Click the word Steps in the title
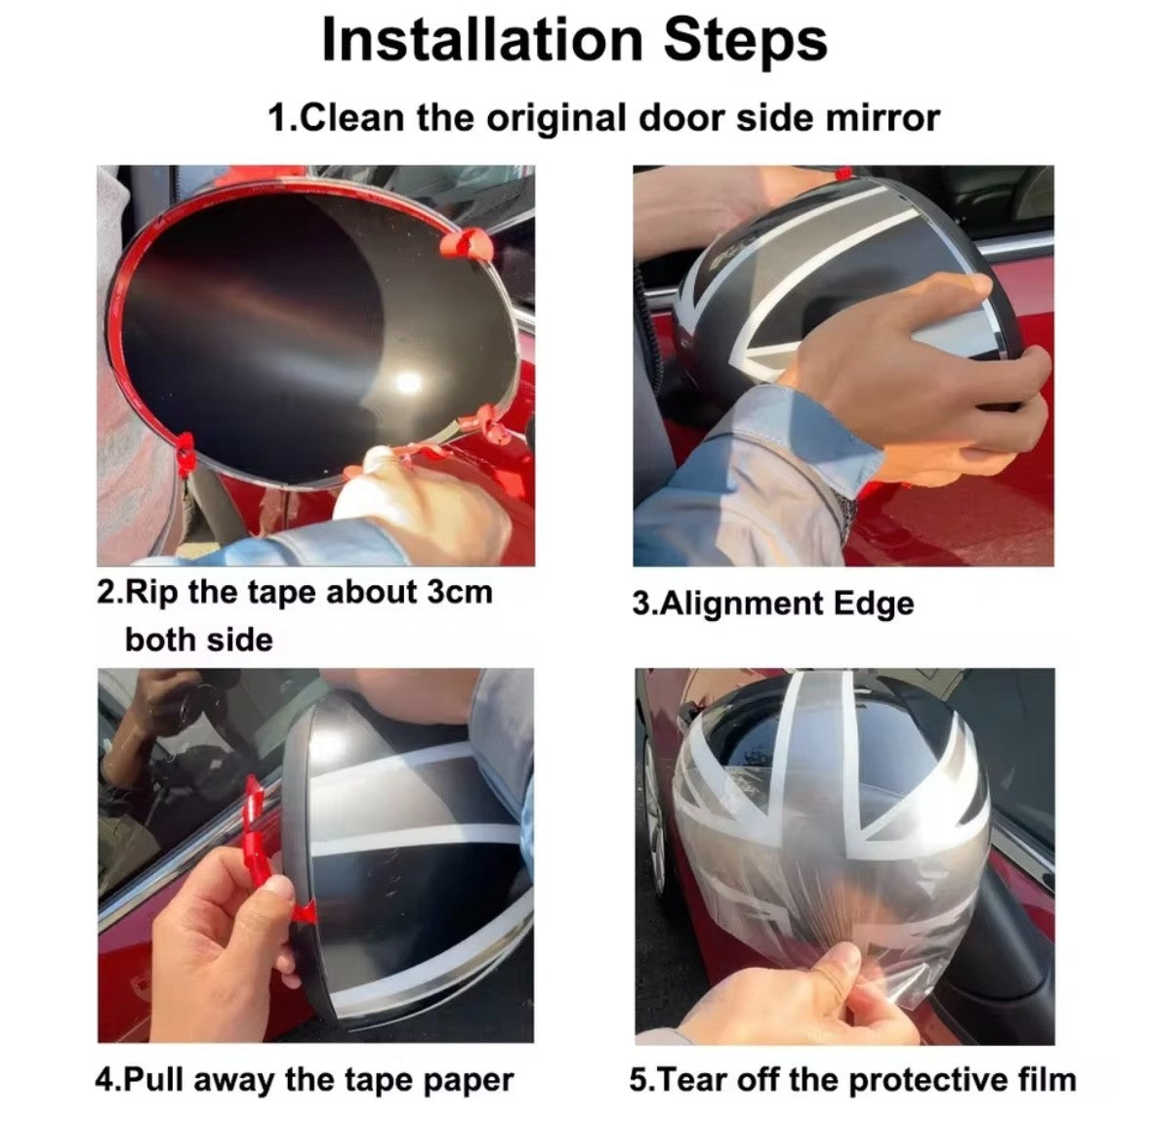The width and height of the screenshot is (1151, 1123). (x=745, y=41)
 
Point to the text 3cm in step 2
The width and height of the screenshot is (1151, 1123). (x=460, y=592)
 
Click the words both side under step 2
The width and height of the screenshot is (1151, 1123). (x=198, y=640)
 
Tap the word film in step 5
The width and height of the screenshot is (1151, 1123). (x=1042, y=1079)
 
